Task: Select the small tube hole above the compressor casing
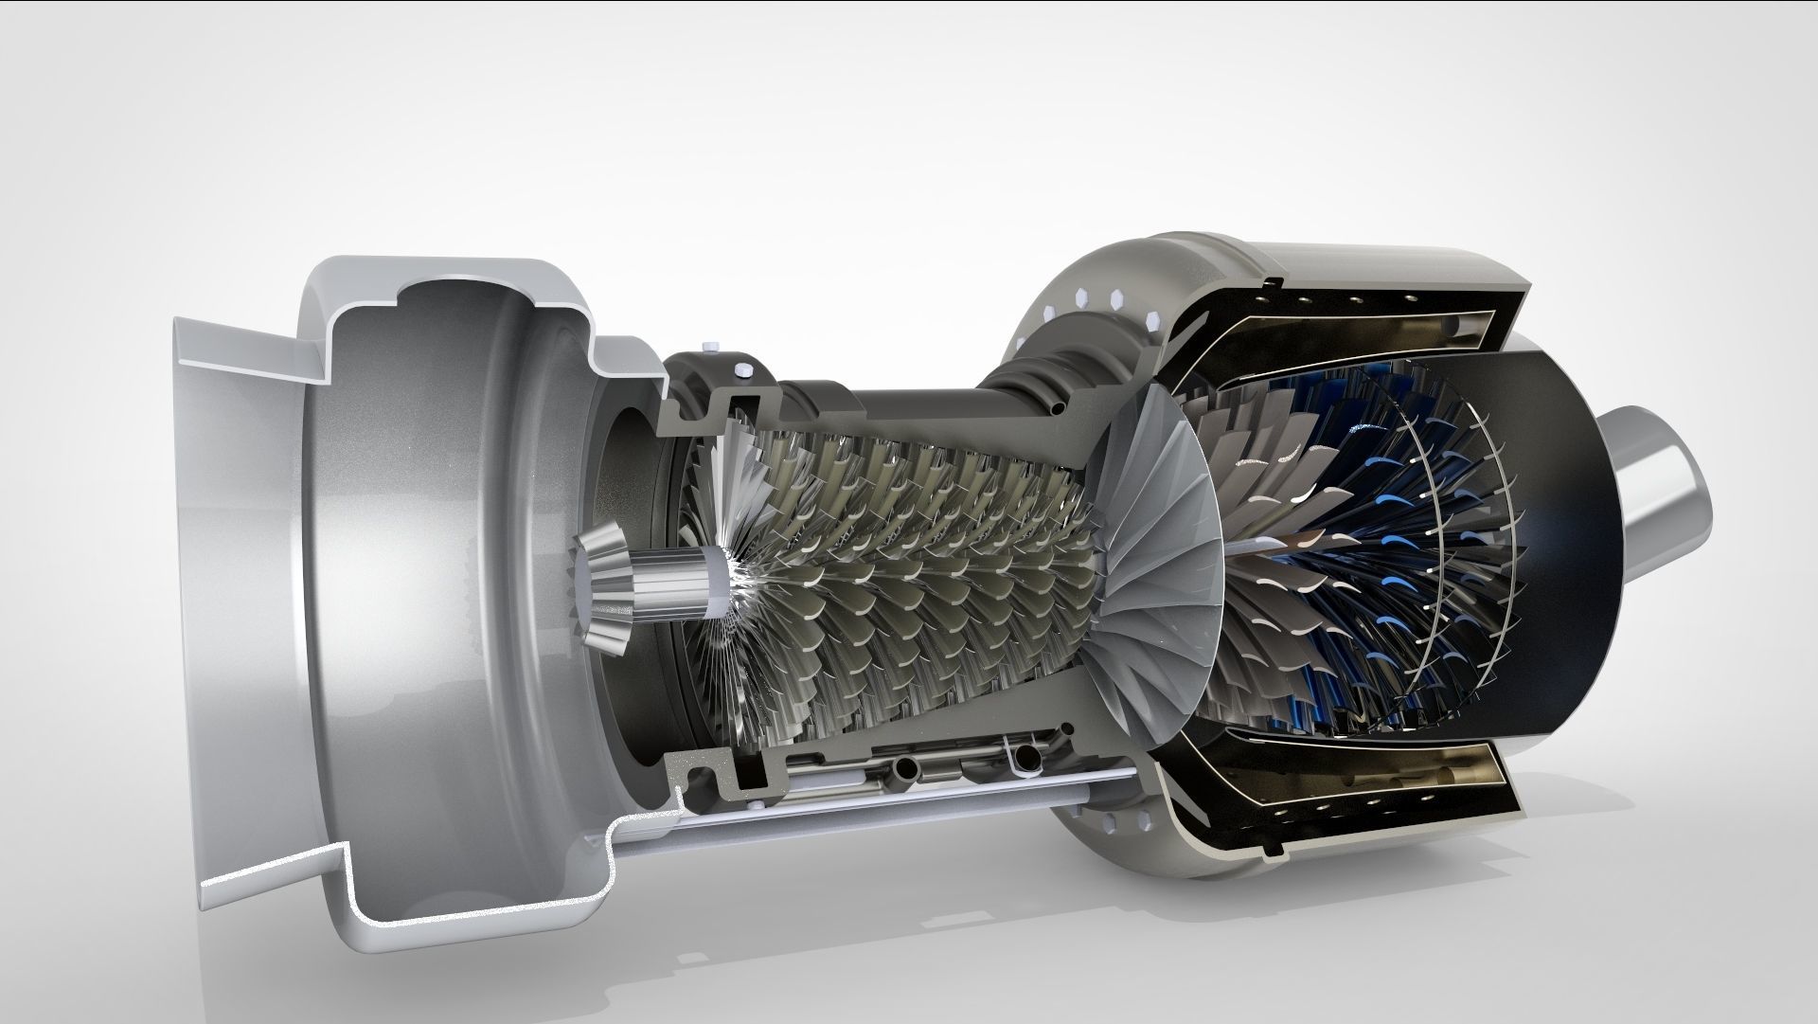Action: click(1057, 410)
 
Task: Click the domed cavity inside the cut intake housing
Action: click(454, 436)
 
